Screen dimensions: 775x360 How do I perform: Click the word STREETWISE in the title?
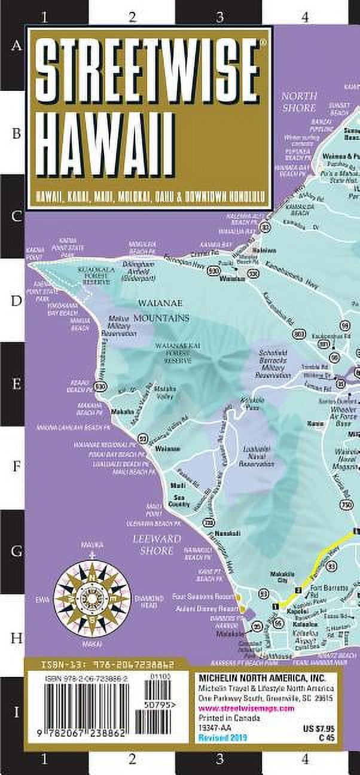point(147,73)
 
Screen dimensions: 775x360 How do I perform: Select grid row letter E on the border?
point(16,383)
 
